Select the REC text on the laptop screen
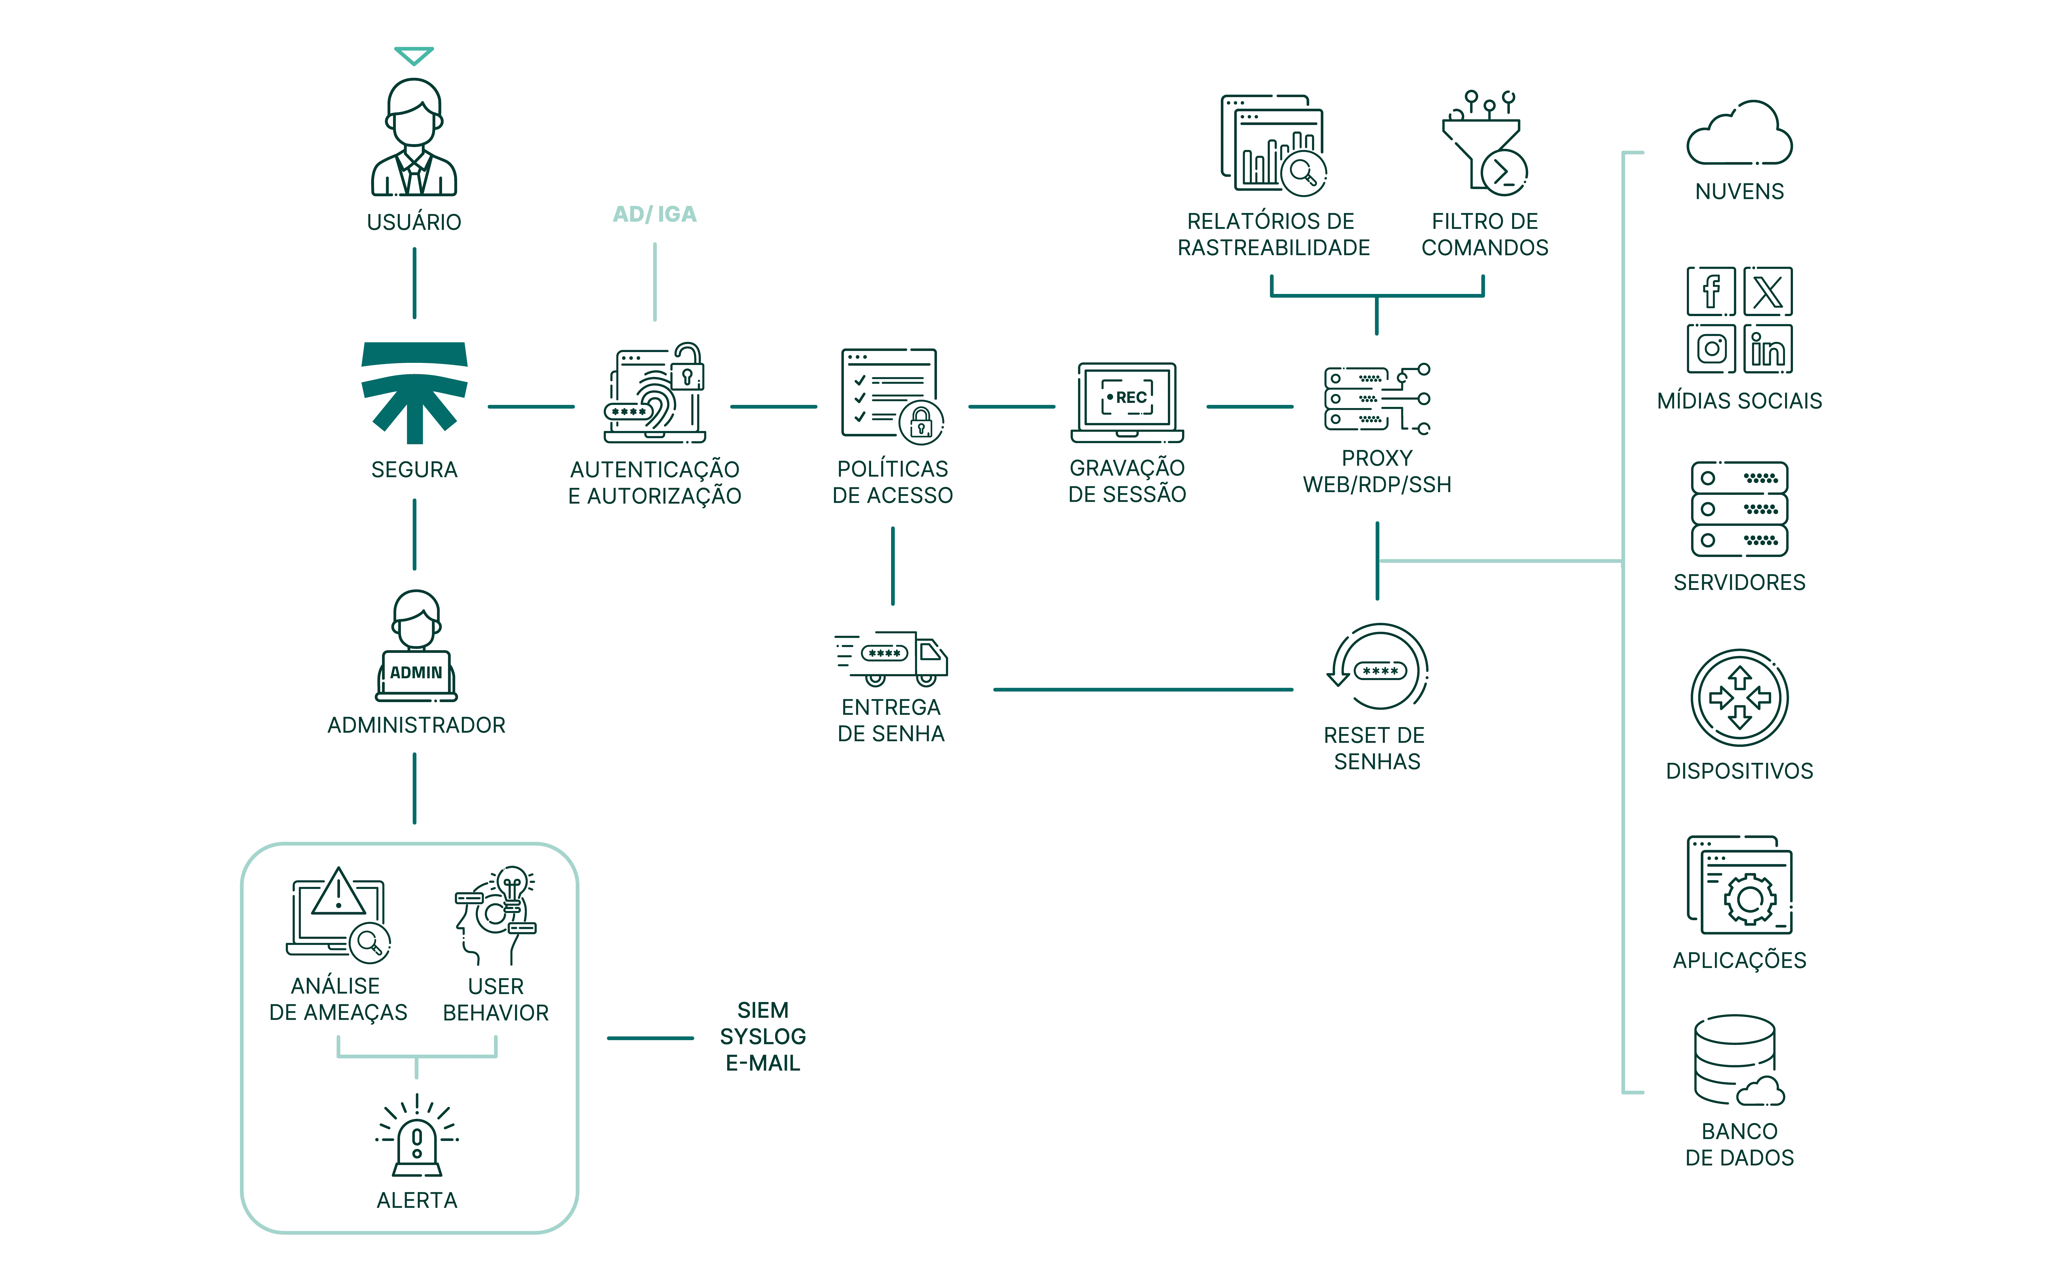1131,397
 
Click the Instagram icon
1710,348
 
